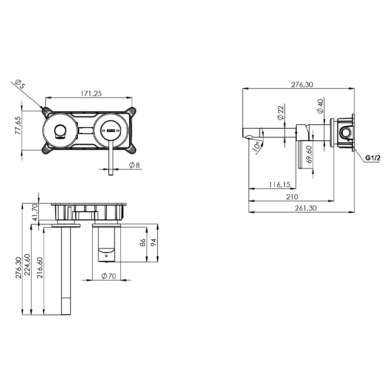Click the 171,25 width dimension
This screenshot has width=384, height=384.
coord(91,94)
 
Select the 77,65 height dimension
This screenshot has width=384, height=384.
coord(18,125)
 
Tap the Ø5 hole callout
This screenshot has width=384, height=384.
coord(20,84)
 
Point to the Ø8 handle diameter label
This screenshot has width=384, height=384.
coord(134,165)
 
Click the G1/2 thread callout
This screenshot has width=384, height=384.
coord(373,158)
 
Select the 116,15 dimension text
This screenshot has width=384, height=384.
coord(280,184)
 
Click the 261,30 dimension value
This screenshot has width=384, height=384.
coord(306,208)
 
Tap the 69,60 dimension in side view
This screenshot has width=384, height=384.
coord(309,154)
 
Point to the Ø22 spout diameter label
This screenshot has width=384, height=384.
coord(281,112)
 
